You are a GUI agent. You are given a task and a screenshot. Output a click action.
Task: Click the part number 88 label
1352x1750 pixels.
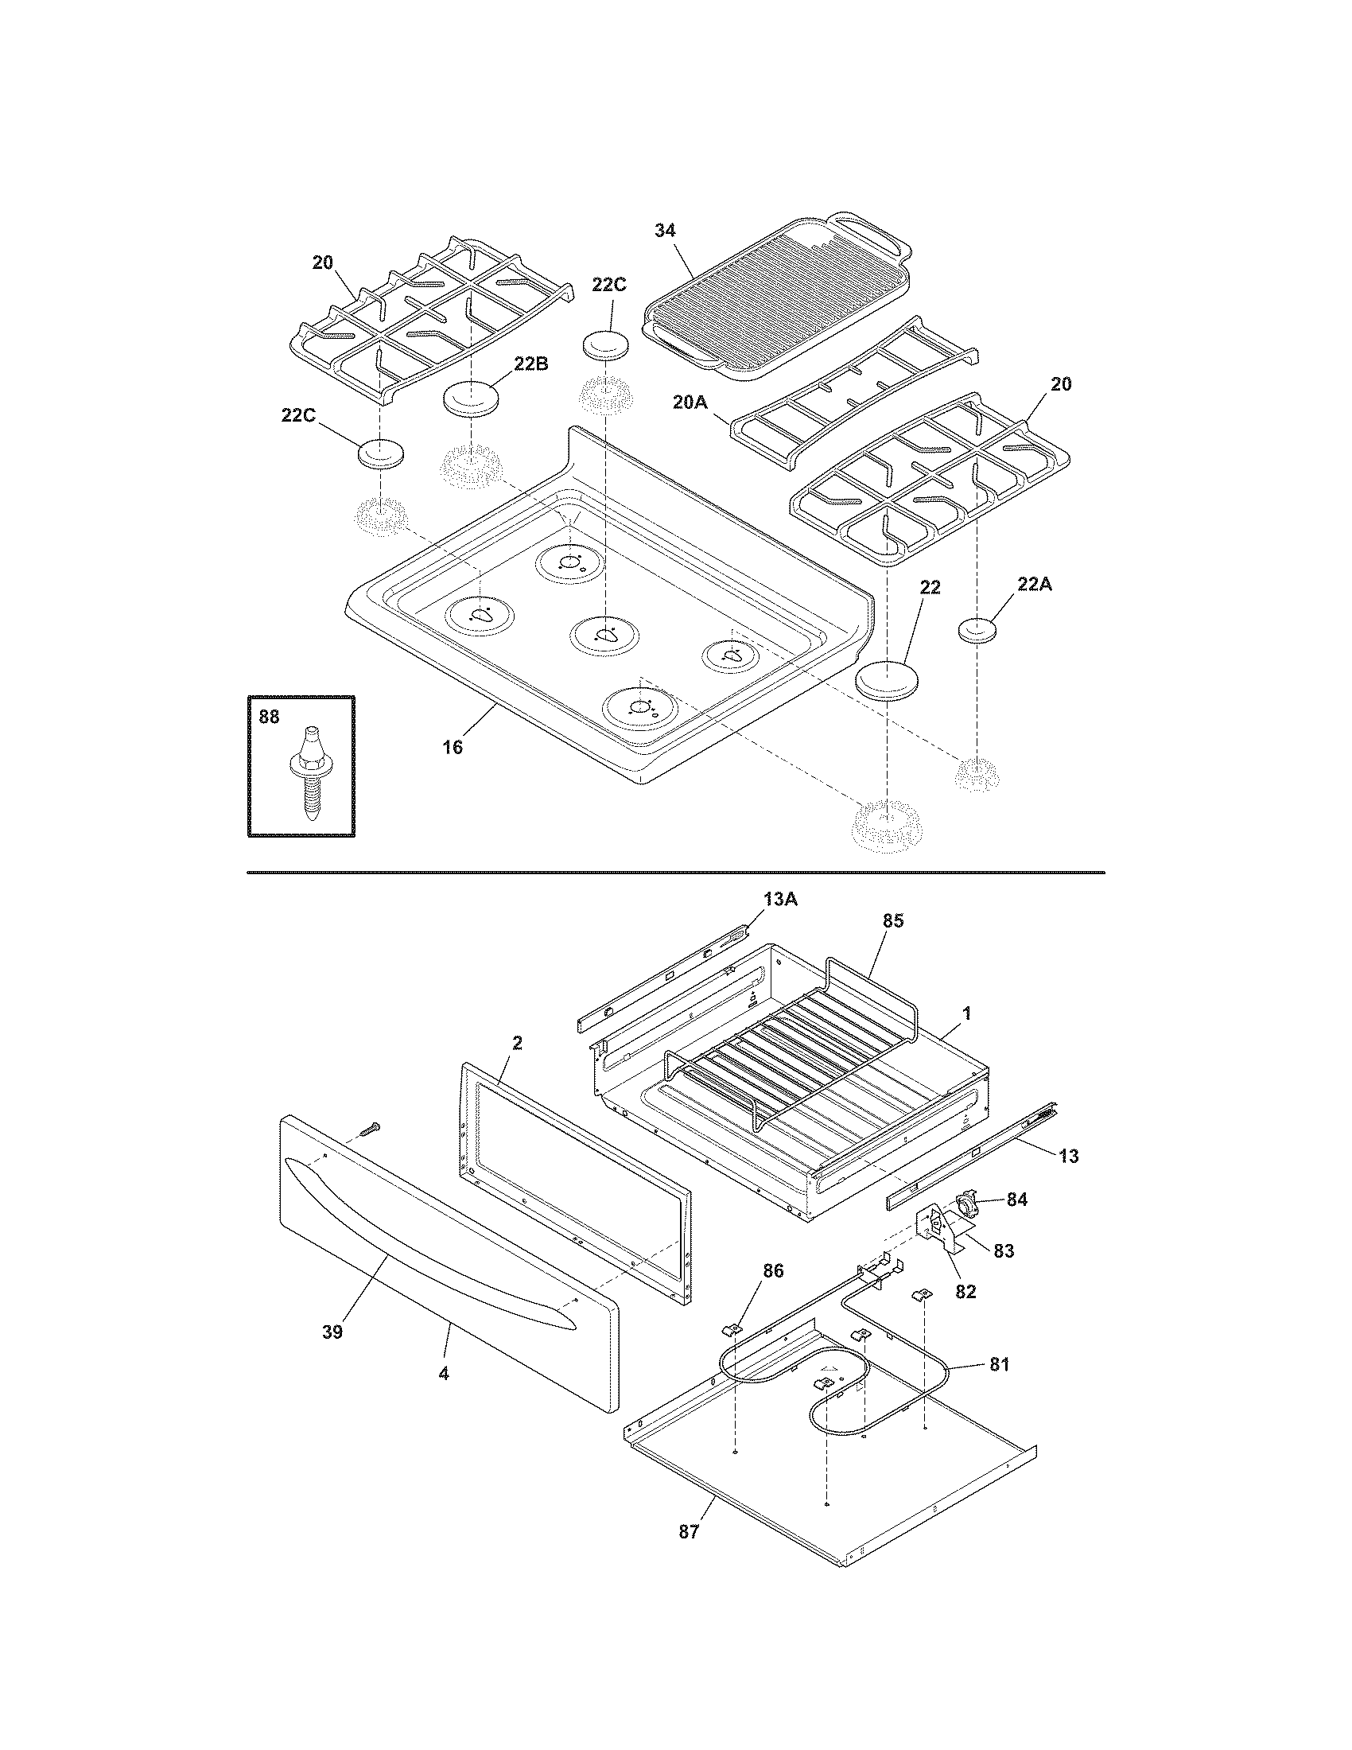coord(269,717)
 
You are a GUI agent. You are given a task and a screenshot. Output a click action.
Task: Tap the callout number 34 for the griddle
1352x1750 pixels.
coord(665,230)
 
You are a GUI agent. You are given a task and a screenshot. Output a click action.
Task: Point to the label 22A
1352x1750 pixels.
coord(1035,584)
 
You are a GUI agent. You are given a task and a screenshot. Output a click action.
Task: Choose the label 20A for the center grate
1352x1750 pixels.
coord(690,402)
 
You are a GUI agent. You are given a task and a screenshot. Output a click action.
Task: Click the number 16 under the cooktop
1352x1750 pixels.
coord(453,747)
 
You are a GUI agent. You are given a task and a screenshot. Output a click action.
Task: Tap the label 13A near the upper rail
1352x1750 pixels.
coord(779,899)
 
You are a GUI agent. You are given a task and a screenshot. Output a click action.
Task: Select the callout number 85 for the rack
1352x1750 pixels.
coord(892,920)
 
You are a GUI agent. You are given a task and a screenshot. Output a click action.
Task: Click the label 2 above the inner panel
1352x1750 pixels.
coord(518,1042)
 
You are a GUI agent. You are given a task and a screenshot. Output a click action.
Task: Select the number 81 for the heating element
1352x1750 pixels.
coord(999,1363)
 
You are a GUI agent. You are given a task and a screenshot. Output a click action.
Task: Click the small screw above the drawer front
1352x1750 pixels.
coord(369,1128)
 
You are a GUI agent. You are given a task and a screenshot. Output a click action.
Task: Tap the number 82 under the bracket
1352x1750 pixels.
coord(966,1291)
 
